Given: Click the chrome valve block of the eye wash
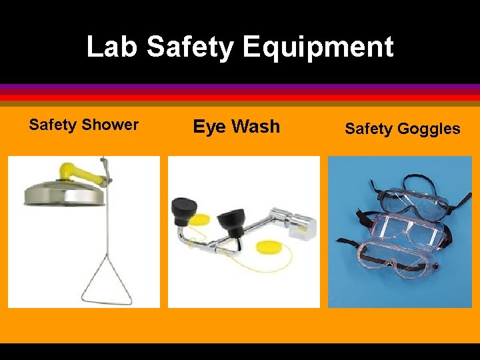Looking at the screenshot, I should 297,223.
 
